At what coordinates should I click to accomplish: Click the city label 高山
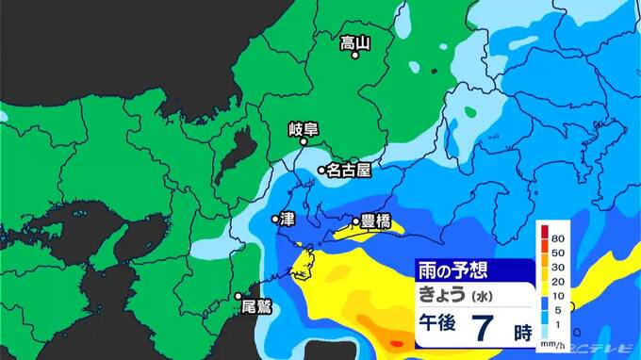355,41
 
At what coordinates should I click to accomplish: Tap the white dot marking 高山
356,56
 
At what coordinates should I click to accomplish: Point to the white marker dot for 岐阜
304,143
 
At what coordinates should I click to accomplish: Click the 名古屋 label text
350,171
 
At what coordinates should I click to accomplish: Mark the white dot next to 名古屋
321,171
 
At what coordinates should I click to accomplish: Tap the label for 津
288,219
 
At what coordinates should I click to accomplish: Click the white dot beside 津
275,219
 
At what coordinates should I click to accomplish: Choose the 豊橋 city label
376,222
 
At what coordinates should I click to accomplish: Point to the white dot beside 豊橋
356,223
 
